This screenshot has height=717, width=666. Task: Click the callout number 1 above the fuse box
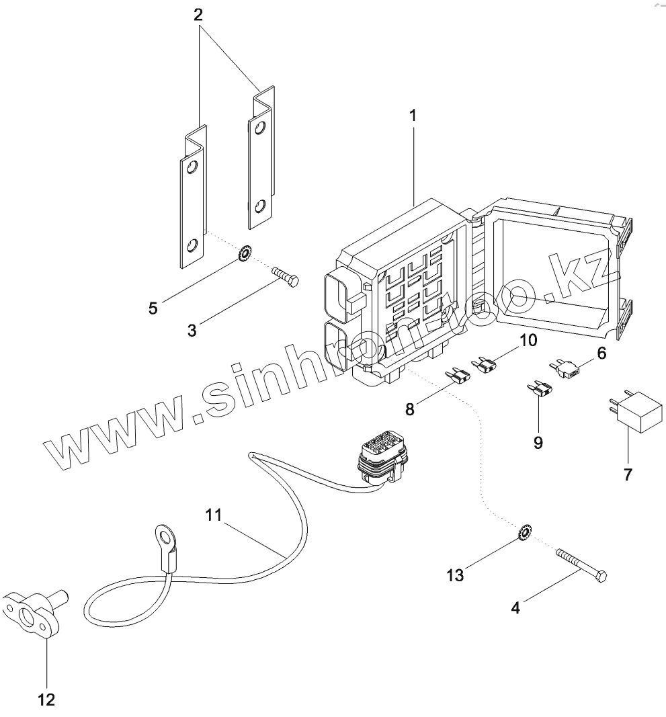pyautogui.click(x=413, y=116)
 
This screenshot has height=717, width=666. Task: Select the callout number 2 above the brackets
pyautogui.click(x=198, y=15)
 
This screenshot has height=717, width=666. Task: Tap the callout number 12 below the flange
pyautogui.click(x=46, y=700)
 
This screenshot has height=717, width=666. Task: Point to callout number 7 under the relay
pyautogui.click(x=628, y=474)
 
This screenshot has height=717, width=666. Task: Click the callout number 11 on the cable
pyautogui.click(x=213, y=516)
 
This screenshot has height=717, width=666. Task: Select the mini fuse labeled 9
pyautogui.click(x=542, y=389)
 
